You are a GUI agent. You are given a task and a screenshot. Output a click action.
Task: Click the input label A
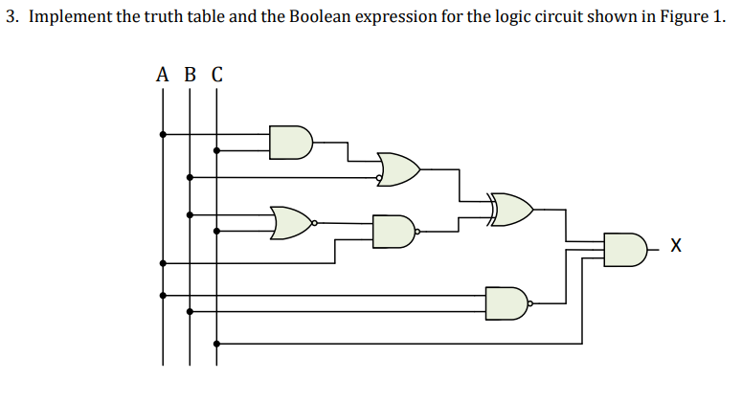coord(162,75)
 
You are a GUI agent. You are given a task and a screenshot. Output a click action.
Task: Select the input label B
coord(190,75)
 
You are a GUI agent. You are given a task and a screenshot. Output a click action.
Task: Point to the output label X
coord(677,248)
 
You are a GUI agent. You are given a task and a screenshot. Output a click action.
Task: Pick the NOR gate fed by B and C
coord(291,222)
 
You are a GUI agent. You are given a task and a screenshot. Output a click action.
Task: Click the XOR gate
coord(512,208)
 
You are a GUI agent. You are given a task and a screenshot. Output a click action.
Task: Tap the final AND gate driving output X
coord(626,249)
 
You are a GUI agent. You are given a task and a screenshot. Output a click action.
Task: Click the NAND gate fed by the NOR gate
coord(393,231)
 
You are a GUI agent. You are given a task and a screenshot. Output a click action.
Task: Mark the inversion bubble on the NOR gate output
coord(315,222)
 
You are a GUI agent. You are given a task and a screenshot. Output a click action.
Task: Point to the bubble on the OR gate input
coord(379,177)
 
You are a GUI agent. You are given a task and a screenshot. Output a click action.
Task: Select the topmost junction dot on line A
coord(162,134)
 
